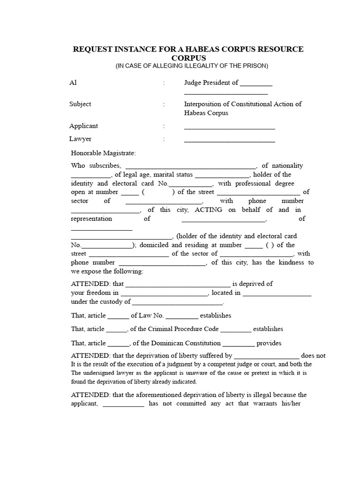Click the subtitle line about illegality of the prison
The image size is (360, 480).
point(192,66)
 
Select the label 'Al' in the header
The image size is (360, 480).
point(73,83)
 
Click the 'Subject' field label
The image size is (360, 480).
point(80,104)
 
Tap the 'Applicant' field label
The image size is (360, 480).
point(83,126)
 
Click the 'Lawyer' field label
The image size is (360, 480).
point(80,139)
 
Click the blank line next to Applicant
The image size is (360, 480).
point(229,127)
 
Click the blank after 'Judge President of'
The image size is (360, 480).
point(256,84)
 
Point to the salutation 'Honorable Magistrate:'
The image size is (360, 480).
point(103,153)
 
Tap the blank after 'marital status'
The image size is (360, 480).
point(222,176)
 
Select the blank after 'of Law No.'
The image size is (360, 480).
point(182,317)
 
